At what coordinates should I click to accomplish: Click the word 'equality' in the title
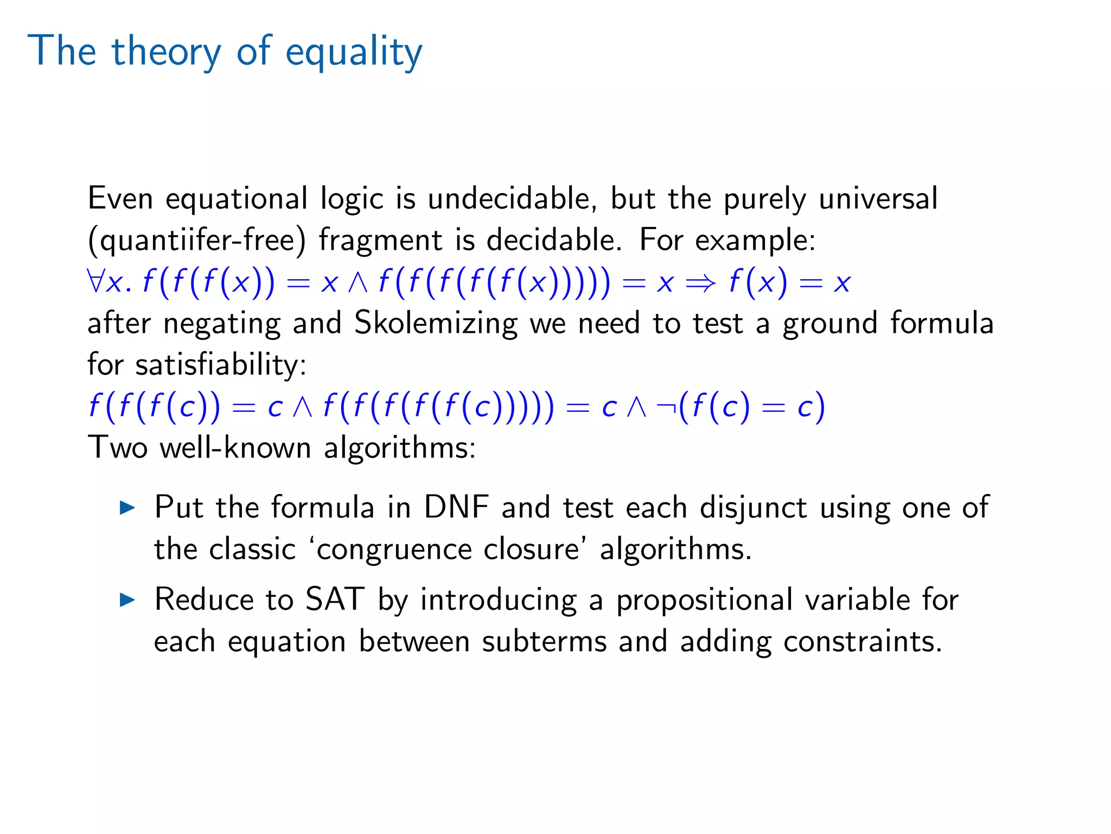pos(353,52)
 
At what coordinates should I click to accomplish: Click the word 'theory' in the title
pos(167,52)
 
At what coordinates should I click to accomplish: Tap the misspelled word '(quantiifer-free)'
pos(197,241)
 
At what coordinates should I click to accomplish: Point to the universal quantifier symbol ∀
pos(95,282)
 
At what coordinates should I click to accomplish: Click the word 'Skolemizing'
pos(436,323)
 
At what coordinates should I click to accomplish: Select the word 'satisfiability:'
pos(221,364)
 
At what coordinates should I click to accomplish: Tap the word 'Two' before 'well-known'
pos(118,448)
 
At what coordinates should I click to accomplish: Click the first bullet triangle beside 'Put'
pos(127,508)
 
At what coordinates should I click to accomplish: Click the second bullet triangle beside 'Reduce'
pos(127,600)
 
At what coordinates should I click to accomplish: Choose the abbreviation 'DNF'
pos(456,508)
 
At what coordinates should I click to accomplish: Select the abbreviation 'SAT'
pos(334,600)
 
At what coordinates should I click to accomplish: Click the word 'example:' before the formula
pos(755,241)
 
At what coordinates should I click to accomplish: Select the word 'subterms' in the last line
pos(544,642)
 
